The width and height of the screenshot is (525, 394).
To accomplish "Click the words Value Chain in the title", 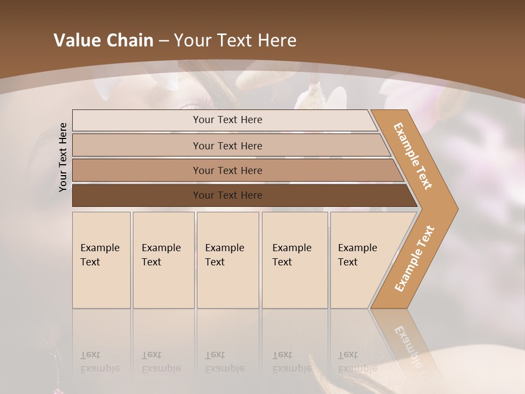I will click(103, 40).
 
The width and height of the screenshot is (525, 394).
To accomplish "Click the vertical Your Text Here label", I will click(63, 157).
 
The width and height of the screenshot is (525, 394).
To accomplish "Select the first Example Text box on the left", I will click(101, 260).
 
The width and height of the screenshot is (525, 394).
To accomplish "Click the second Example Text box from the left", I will click(164, 260).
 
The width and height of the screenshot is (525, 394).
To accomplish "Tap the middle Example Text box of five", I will click(227, 260).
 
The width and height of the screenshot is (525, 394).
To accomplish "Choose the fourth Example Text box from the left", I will click(295, 260).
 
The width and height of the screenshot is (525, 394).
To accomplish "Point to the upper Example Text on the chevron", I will click(413, 156).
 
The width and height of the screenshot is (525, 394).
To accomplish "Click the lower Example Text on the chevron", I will click(415, 258).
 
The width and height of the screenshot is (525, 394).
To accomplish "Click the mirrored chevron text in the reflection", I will click(407, 346).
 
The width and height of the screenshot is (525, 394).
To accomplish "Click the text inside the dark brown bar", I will click(227, 195).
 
